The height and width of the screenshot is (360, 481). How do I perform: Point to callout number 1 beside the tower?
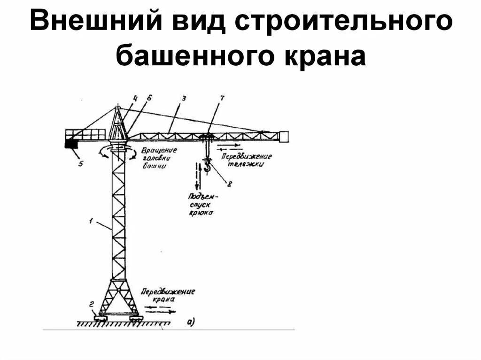[93, 220]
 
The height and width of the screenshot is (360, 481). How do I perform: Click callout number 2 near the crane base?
[92, 304]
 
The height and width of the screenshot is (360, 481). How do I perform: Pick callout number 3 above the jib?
[184, 99]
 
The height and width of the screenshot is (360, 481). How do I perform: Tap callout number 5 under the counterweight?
[80, 164]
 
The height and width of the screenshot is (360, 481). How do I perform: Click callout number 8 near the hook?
[229, 184]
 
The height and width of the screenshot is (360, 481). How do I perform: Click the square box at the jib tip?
[284, 137]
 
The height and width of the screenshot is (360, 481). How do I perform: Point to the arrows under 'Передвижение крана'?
[161, 309]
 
